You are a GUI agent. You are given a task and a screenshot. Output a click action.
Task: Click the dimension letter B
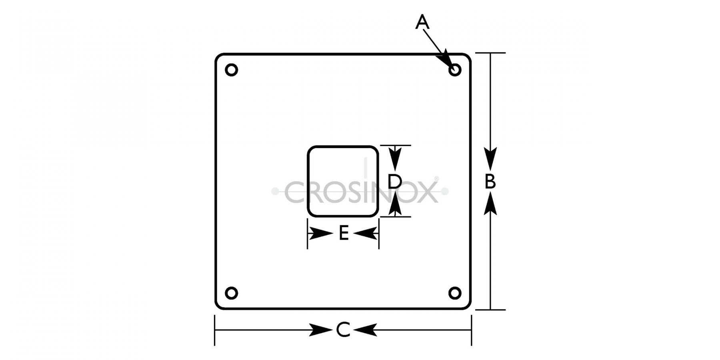click(490, 182)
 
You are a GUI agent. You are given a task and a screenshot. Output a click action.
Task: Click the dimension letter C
click(343, 330)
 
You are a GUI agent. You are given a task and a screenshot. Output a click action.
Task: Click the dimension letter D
click(395, 182)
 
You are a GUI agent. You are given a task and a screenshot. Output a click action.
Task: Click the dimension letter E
click(344, 233)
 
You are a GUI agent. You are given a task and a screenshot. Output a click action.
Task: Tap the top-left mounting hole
click(232, 70)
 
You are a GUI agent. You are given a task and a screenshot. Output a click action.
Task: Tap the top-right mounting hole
click(455, 70)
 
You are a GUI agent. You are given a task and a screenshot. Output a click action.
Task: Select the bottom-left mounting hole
click(232, 293)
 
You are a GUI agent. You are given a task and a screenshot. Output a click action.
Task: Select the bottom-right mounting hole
click(455, 293)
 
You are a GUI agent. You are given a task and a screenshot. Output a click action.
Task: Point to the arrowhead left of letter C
click(322, 330)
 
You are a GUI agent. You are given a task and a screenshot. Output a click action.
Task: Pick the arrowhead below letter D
click(395, 206)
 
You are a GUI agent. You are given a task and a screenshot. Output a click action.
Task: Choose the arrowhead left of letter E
click(321, 234)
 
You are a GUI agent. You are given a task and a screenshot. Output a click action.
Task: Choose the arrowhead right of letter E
click(365, 234)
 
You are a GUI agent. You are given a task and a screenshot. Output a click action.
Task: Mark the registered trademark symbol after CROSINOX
click(436, 179)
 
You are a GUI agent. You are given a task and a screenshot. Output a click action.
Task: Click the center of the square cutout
click(343, 182)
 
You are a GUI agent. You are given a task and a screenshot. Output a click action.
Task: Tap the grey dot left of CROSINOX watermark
click(275, 192)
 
